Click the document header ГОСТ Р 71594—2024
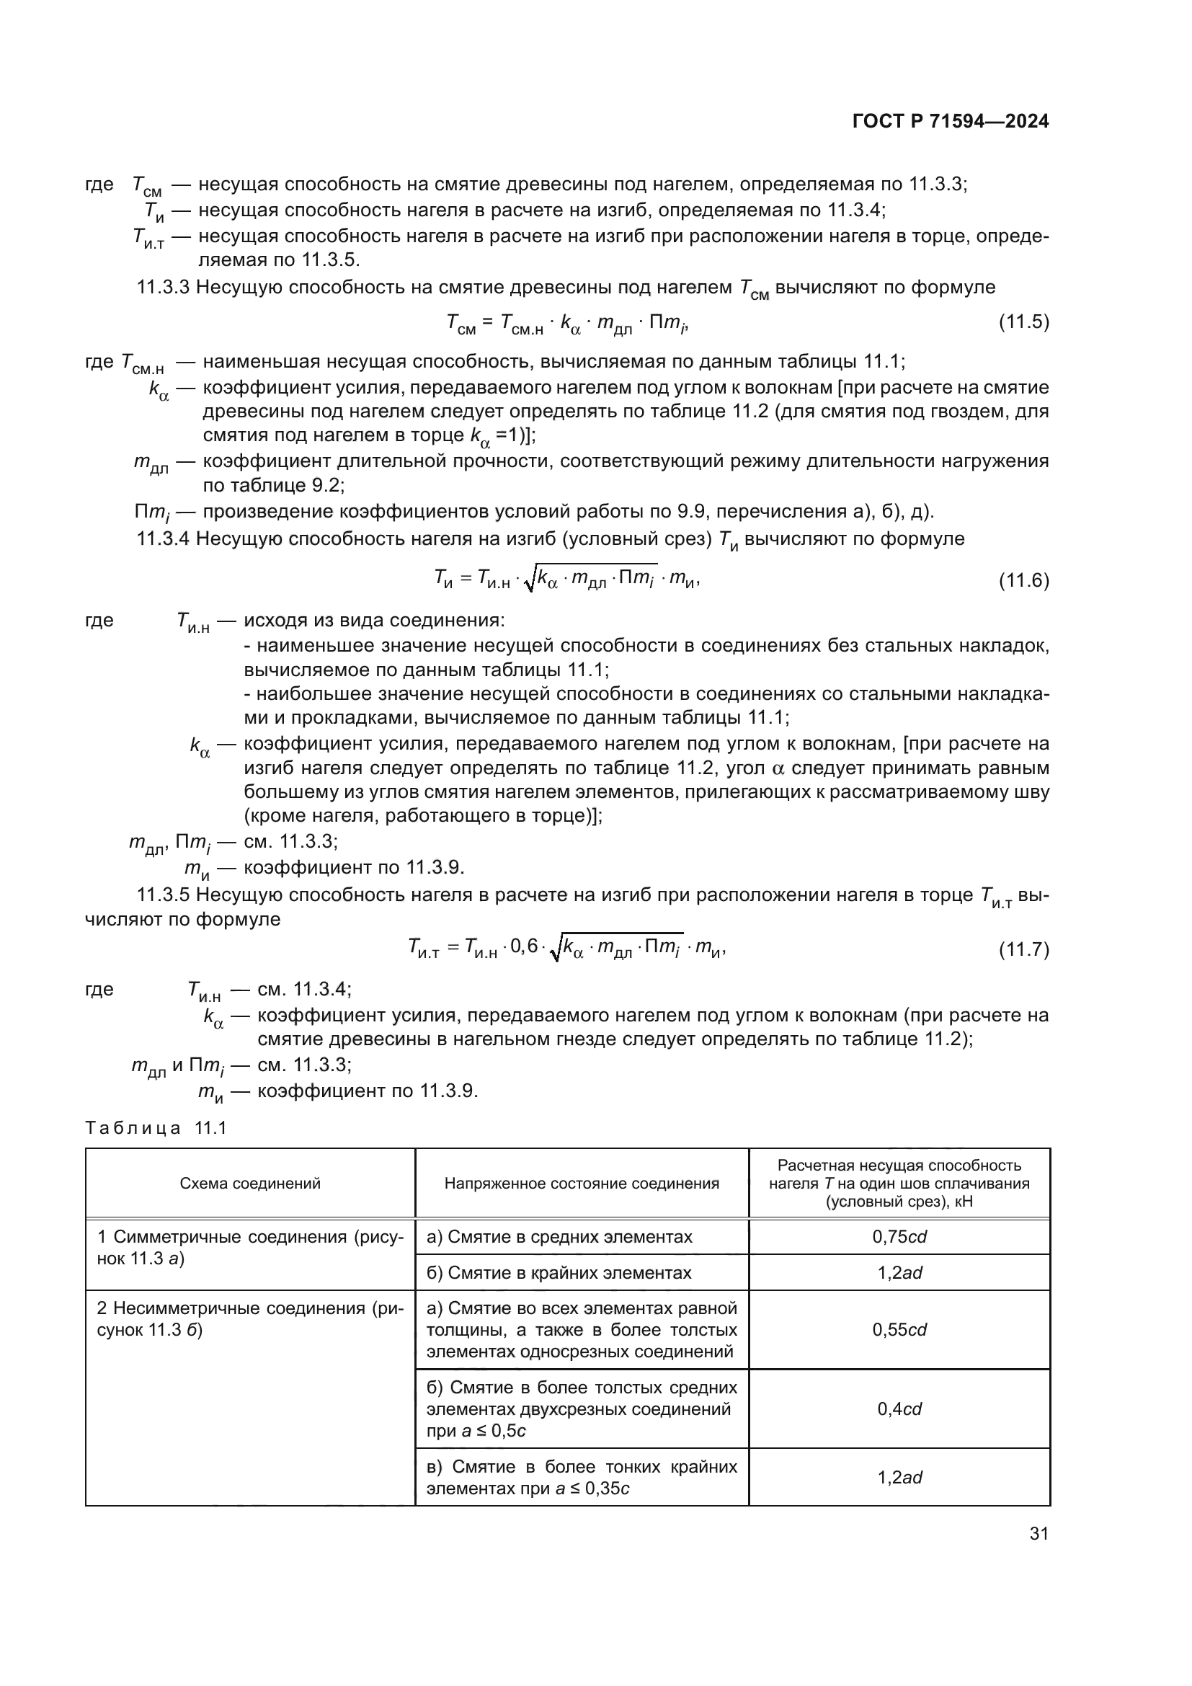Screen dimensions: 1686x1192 (950, 122)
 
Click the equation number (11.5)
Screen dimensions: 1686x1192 (1023, 321)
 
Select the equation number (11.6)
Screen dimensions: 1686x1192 (1023, 581)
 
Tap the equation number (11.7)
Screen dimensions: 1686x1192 (1023, 949)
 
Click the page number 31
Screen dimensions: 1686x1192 (1038, 1533)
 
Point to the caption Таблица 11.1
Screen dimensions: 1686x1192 (156, 1128)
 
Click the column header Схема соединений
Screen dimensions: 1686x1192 (250, 1183)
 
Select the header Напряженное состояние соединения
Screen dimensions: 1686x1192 (582, 1183)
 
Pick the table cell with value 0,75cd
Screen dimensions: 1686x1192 (899, 1237)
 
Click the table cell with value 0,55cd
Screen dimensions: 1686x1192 (899, 1330)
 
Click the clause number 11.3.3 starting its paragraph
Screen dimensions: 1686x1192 (163, 287)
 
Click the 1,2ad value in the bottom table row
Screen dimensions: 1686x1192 (899, 1477)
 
